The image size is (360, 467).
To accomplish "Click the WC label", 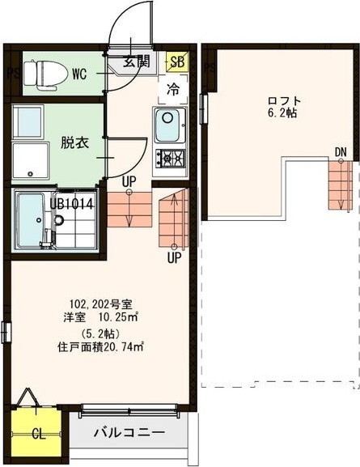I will [x=79, y=74].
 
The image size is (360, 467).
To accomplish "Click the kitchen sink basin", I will [x=170, y=128].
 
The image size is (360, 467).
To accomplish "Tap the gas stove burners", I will [x=171, y=157].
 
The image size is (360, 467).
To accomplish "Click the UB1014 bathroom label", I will [x=72, y=204].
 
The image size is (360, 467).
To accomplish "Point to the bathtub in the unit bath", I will [x=31, y=220].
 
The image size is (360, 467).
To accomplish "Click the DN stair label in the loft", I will [x=341, y=151].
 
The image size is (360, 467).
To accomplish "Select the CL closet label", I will [x=37, y=434].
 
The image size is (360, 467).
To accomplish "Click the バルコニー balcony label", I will [x=127, y=431].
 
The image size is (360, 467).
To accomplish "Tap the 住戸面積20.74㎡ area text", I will [x=100, y=348].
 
